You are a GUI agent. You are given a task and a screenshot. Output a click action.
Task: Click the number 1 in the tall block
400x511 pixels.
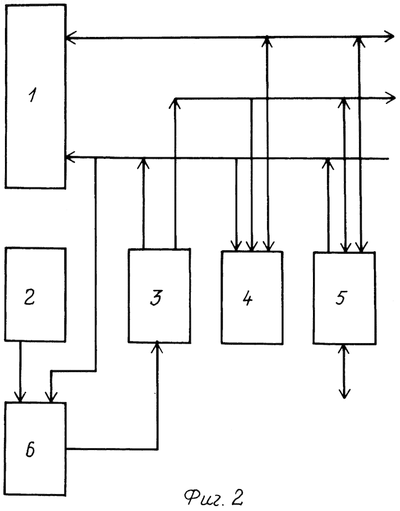32,96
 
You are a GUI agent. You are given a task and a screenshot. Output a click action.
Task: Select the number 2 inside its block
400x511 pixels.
30,297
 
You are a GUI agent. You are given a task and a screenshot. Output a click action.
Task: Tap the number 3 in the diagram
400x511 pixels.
156,297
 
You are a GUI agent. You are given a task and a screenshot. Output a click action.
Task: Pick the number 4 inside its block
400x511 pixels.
247,298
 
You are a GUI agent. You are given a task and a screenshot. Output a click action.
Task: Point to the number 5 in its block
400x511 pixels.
341,297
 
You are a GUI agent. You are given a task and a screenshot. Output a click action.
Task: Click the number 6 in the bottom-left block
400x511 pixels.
30,450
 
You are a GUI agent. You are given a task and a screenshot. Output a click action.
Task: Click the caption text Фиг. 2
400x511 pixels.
213,497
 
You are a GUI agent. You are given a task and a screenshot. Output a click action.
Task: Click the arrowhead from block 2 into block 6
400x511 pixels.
20,397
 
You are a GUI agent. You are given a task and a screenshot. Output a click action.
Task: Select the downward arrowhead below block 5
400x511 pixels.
344,393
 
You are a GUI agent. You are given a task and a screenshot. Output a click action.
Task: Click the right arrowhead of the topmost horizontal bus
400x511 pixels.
389,36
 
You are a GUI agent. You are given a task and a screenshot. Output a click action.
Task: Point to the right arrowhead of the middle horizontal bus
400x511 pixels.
390,98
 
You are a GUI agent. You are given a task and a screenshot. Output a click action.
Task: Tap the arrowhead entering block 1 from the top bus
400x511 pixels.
70,37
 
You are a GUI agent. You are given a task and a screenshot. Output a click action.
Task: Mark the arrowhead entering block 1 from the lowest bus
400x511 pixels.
70,157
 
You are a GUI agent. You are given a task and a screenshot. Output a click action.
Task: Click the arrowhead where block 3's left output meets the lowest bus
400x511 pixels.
144,163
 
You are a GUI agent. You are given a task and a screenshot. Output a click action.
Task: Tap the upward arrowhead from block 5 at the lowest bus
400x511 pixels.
328,163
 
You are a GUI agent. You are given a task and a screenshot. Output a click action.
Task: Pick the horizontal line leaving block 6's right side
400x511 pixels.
112,449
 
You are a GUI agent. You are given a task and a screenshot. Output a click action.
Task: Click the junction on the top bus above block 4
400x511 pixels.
267,37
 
